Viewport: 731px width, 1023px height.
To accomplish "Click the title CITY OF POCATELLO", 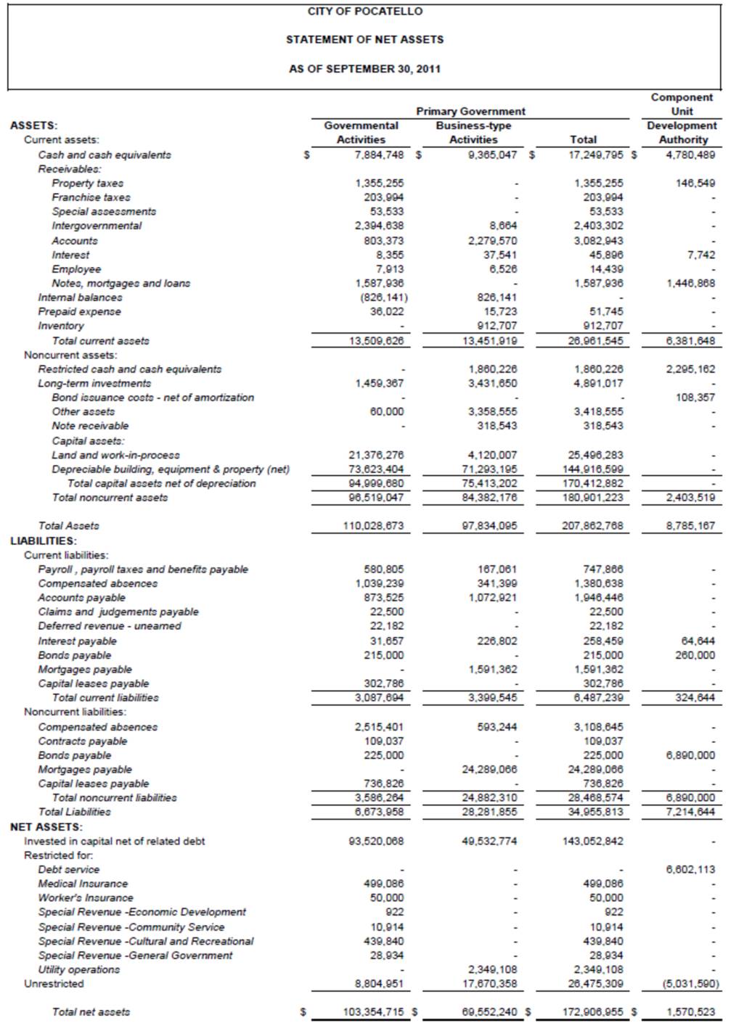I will (x=364, y=12).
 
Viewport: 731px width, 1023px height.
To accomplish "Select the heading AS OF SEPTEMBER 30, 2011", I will (x=364, y=69).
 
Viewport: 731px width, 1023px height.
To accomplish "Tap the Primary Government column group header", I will (x=470, y=111).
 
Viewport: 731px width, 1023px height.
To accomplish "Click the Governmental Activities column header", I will (x=361, y=132).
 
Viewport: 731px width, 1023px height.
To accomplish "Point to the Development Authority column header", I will (x=682, y=132).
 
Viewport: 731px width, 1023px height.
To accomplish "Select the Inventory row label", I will (x=61, y=326).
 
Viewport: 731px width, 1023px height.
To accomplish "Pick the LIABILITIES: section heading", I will (x=44, y=541).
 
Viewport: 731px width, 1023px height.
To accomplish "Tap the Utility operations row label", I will (x=79, y=969).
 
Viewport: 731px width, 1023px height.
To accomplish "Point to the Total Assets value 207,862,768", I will (x=592, y=526).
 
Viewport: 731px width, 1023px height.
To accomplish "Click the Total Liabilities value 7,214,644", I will (x=690, y=812).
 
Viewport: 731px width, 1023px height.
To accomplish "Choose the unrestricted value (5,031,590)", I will (x=690, y=984).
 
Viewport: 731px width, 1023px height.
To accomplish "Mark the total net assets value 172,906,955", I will (x=592, y=1011).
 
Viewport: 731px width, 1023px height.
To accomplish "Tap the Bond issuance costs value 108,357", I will (x=695, y=398).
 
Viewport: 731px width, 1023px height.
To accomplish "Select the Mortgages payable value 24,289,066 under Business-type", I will (x=489, y=769).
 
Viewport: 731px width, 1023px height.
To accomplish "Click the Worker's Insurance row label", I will (x=86, y=897).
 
